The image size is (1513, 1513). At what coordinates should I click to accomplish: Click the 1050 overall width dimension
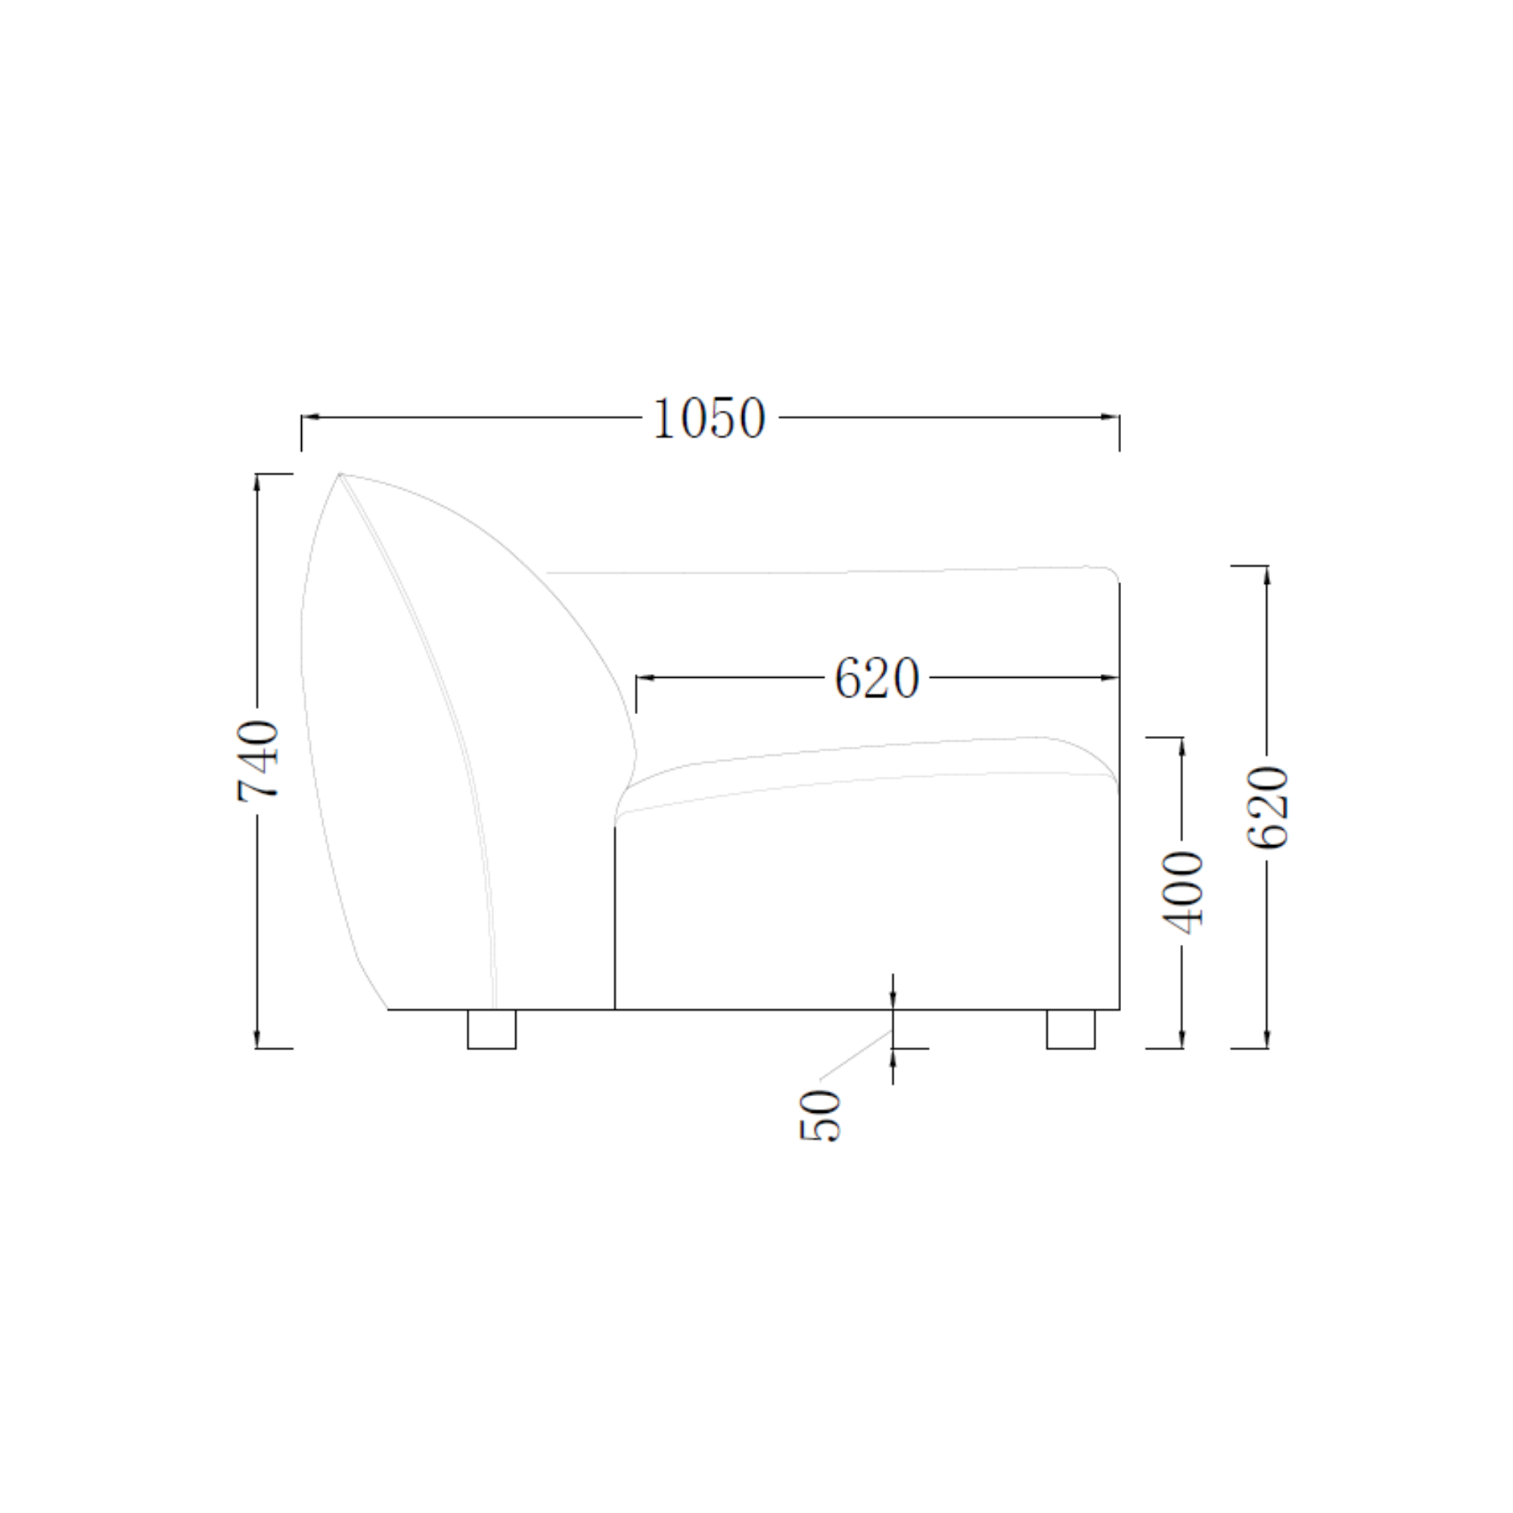(x=709, y=418)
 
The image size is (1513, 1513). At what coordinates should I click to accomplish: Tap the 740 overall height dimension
(x=258, y=760)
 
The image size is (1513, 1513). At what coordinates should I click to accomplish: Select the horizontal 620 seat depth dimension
(x=876, y=677)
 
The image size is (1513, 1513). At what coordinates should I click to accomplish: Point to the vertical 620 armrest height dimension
(x=1267, y=807)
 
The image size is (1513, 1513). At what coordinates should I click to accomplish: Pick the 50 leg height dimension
(x=820, y=1115)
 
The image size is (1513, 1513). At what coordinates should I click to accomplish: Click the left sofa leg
(x=492, y=1029)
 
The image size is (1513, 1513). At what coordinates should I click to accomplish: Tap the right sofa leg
(x=1071, y=1029)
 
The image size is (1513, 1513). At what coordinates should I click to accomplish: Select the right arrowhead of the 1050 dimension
(x=1110, y=417)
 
